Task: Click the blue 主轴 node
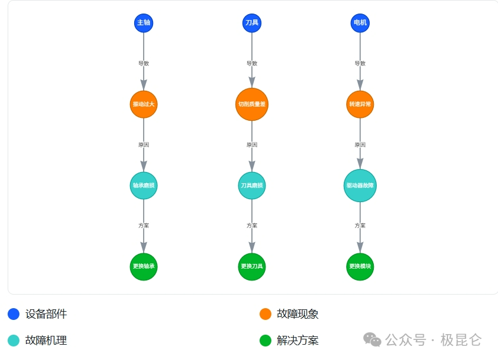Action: tap(144, 23)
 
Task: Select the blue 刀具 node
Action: tap(252, 23)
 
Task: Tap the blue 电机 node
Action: tap(360, 23)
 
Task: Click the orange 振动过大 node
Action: tap(144, 104)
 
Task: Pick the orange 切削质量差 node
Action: tap(252, 104)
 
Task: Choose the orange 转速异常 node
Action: tap(360, 104)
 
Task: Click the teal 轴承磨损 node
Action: tap(144, 186)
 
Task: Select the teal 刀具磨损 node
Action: tap(252, 186)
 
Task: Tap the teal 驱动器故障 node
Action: tap(360, 186)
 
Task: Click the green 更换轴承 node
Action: tap(144, 266)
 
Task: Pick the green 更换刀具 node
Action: tap(252, 266)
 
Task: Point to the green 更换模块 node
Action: tap(360, 266)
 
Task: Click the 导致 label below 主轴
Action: tap(144, 63)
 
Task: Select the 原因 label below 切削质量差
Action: tap(252, 144)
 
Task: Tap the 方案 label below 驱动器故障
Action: tap(360, 226)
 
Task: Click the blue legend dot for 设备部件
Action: tap(14, 314)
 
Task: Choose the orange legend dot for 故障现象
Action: tap(265, 314)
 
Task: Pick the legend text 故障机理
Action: tap(46, 341)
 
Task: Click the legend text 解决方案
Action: tap(297, 341)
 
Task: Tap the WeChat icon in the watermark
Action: tap(372, 339)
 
